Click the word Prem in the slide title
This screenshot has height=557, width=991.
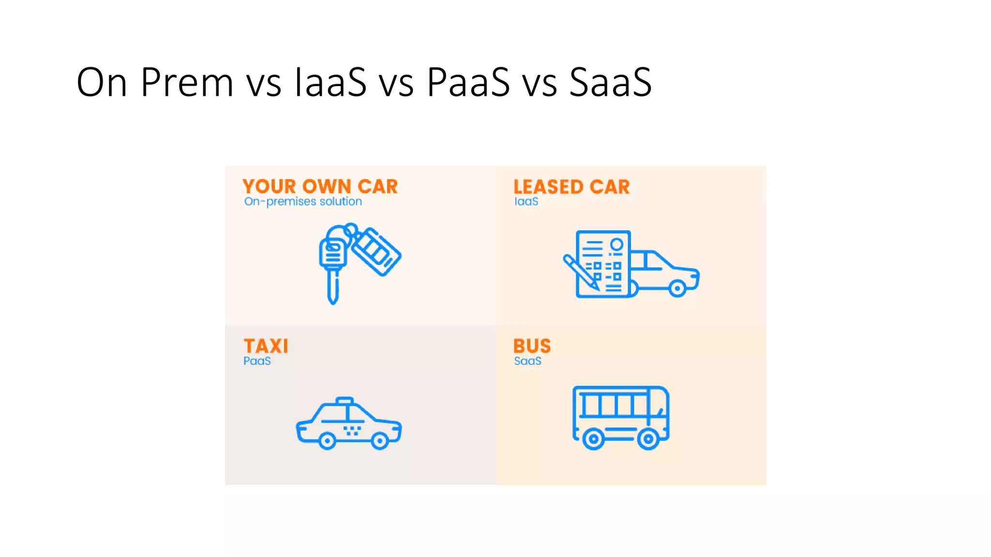[187, 83]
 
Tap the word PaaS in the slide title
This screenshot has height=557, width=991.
[468, 83]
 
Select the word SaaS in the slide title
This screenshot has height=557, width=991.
[610, 83]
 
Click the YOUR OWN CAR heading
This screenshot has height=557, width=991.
[320, 187]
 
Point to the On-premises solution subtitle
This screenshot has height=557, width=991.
[303, 202]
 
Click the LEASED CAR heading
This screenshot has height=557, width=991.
[571, 187]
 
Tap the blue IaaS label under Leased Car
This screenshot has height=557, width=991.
[526, 202]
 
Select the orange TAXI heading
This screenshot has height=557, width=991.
[266, 346]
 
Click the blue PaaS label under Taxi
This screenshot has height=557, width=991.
[257, 361]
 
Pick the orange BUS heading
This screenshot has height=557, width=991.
[532, 346]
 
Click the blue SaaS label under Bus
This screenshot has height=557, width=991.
[527, 361]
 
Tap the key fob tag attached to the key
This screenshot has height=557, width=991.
[376, 252]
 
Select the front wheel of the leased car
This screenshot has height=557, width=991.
[677, 289]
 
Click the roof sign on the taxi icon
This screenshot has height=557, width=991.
[345, 401]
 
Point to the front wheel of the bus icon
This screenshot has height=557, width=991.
[648, 440]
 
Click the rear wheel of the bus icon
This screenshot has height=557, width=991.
[593, 440]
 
